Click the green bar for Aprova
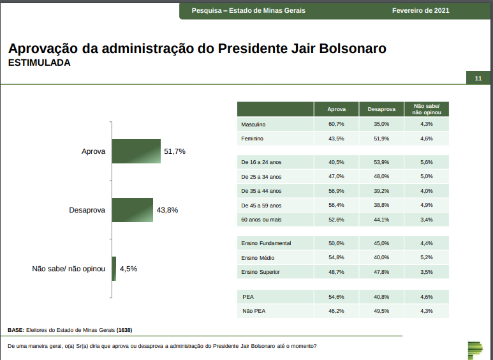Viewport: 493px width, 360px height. [136, 151]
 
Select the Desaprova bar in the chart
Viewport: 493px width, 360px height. [132, 210]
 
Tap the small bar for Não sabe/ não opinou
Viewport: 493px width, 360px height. [114, 269]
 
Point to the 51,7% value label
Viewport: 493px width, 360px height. [174, 151]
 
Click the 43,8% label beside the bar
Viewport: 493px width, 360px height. [167, 210]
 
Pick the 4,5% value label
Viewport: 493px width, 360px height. [128, 269]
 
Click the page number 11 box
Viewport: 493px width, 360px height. [478, 78]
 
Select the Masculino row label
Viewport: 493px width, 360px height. [253, 124]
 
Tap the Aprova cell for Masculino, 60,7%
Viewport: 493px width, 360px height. [336, 124]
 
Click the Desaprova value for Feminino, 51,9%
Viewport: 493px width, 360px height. [381, 139]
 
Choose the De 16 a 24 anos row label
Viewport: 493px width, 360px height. [262, 162]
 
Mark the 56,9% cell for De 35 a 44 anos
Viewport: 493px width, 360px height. [336, 191]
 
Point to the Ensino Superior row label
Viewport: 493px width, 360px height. [260, 272]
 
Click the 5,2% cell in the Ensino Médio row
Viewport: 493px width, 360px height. [427, 257]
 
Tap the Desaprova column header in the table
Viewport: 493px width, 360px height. [381, 109]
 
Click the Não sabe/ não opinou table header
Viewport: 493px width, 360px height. [427, 109]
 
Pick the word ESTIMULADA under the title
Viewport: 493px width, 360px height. [39, 63]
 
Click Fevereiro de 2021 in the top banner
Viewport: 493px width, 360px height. [421, 10]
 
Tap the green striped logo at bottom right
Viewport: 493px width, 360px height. [475, 350]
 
